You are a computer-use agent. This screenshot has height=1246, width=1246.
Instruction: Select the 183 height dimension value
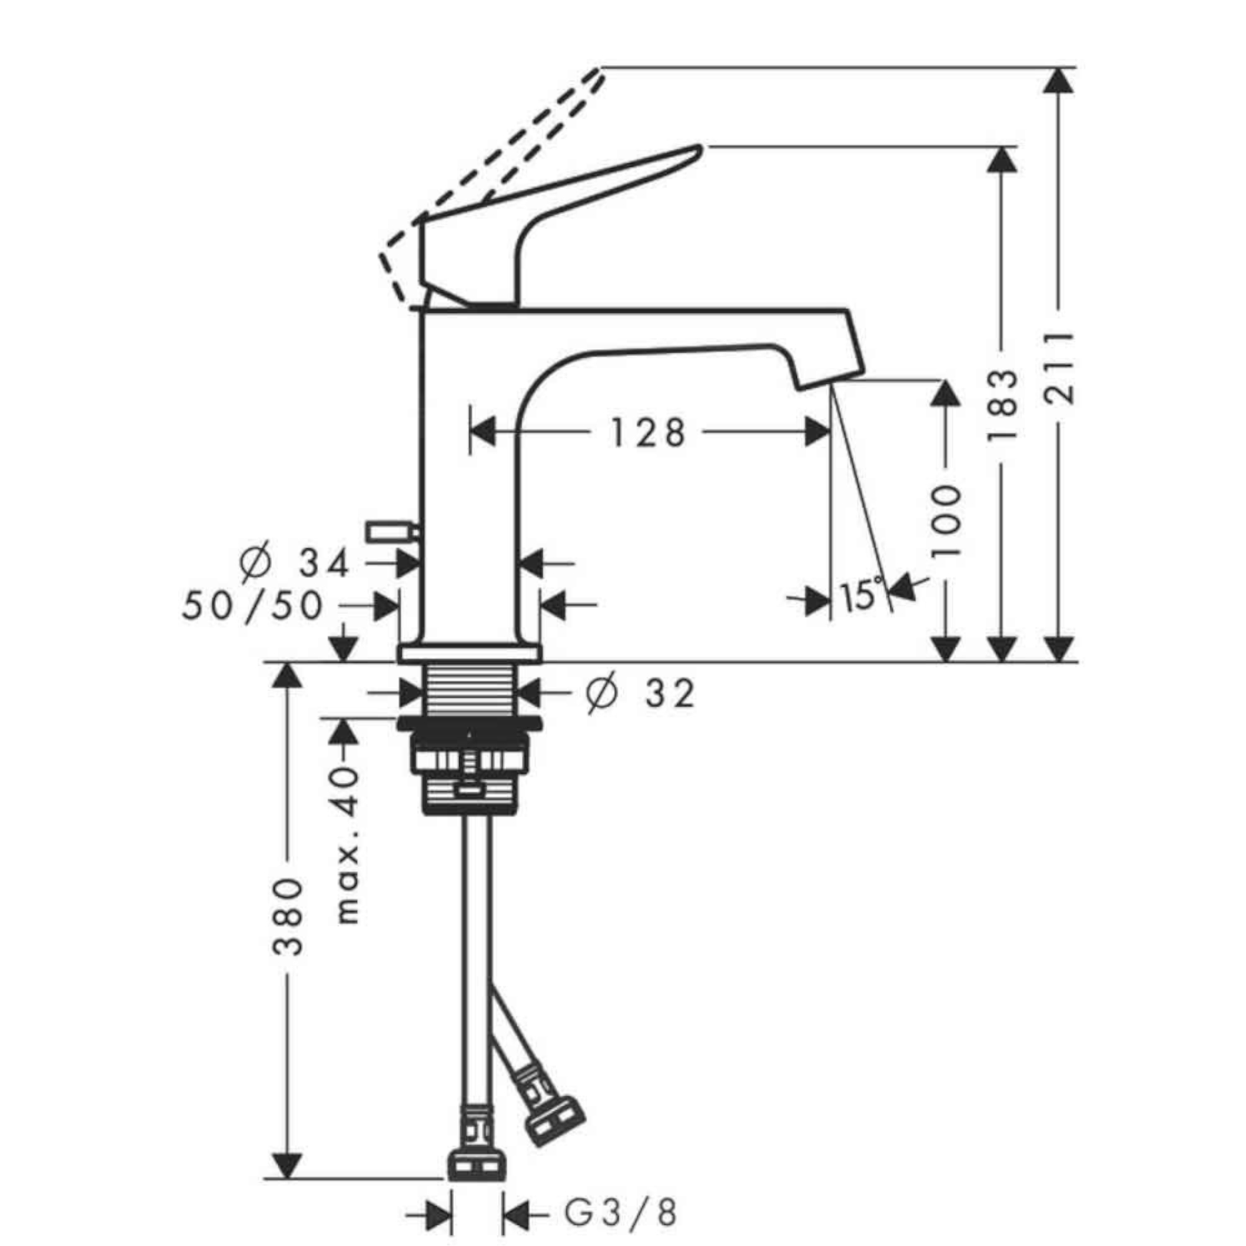pos(1002,405)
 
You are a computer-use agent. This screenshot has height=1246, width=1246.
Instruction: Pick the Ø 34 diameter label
pos(293,563)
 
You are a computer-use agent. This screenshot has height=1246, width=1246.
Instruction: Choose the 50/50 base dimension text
pos(252,606)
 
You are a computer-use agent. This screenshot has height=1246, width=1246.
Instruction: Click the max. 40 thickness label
pos(348,845)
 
